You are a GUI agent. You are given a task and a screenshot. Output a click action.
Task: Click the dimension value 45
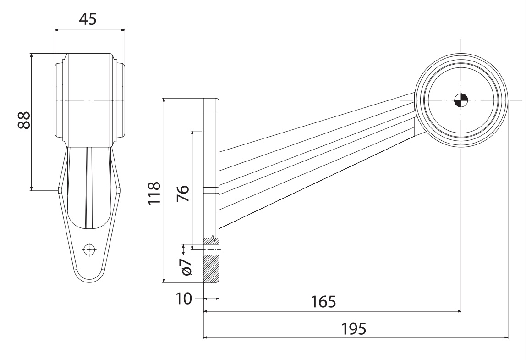click(x=88, y=19)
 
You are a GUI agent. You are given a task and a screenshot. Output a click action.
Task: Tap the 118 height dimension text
click(x=154, y=192)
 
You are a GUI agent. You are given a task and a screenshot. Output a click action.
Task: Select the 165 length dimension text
click(x=323, y=302)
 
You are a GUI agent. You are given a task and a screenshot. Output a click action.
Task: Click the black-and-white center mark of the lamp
click(x=461, y=100)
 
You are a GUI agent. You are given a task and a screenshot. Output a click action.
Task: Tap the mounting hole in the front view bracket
click(x=89, y=249)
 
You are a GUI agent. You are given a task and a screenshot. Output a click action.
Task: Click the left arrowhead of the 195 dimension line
click(x=206, y=338)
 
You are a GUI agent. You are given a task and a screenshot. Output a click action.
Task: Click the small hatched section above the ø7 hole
click(x=211, y=241)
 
